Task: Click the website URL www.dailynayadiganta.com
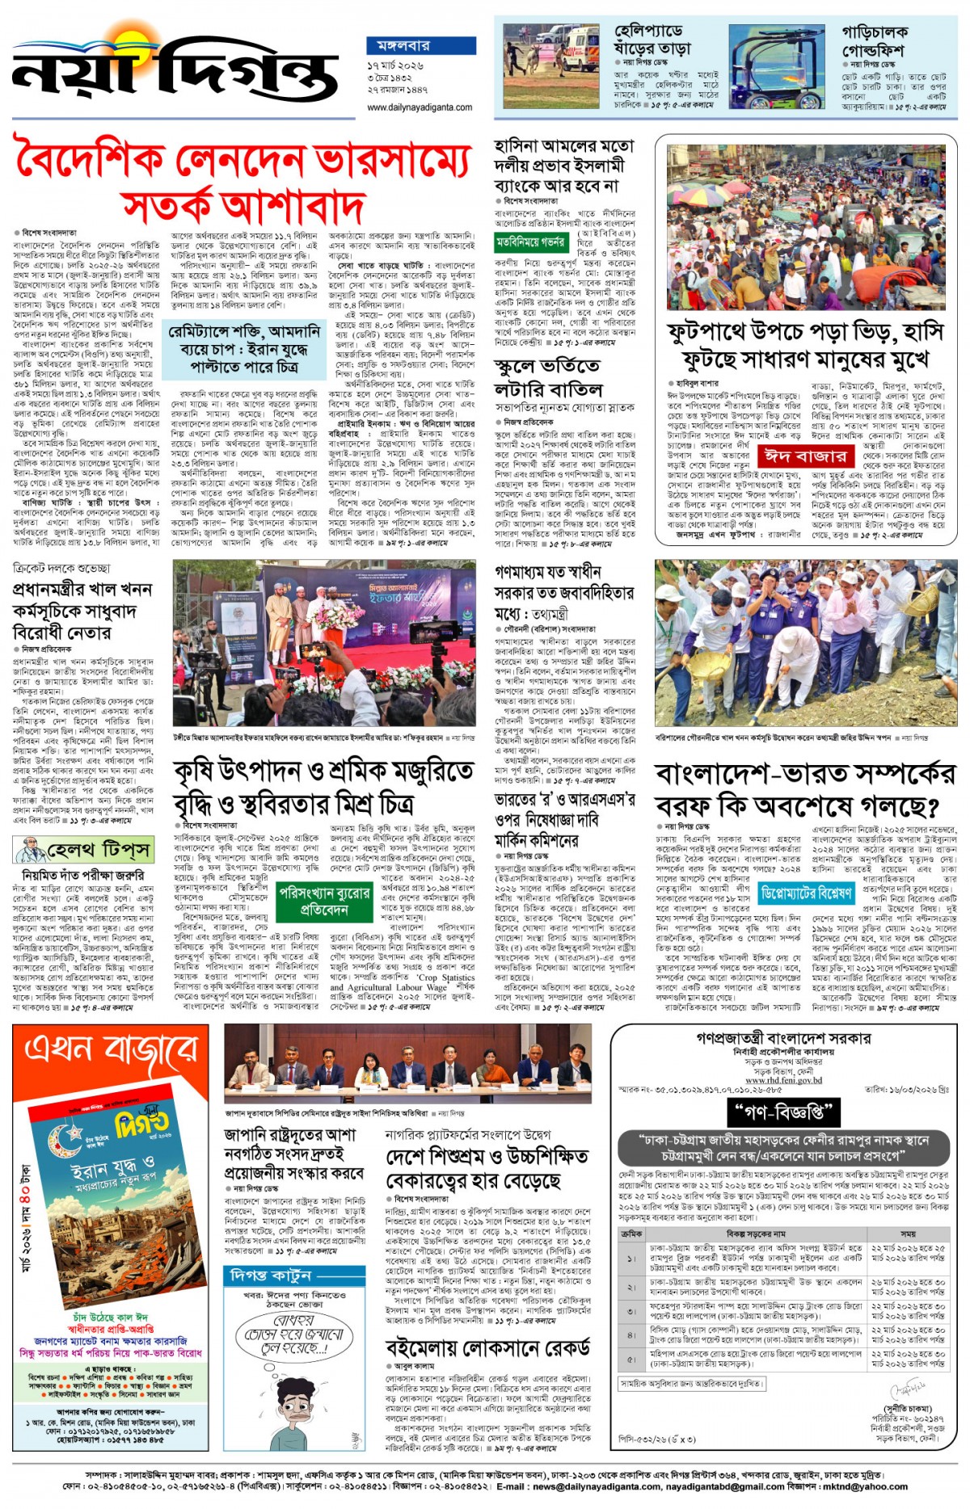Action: point(420,107)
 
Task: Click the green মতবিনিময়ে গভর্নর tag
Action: point(530,242)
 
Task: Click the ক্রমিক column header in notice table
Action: point(631,1234)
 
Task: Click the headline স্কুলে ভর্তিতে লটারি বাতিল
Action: point(550,377)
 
